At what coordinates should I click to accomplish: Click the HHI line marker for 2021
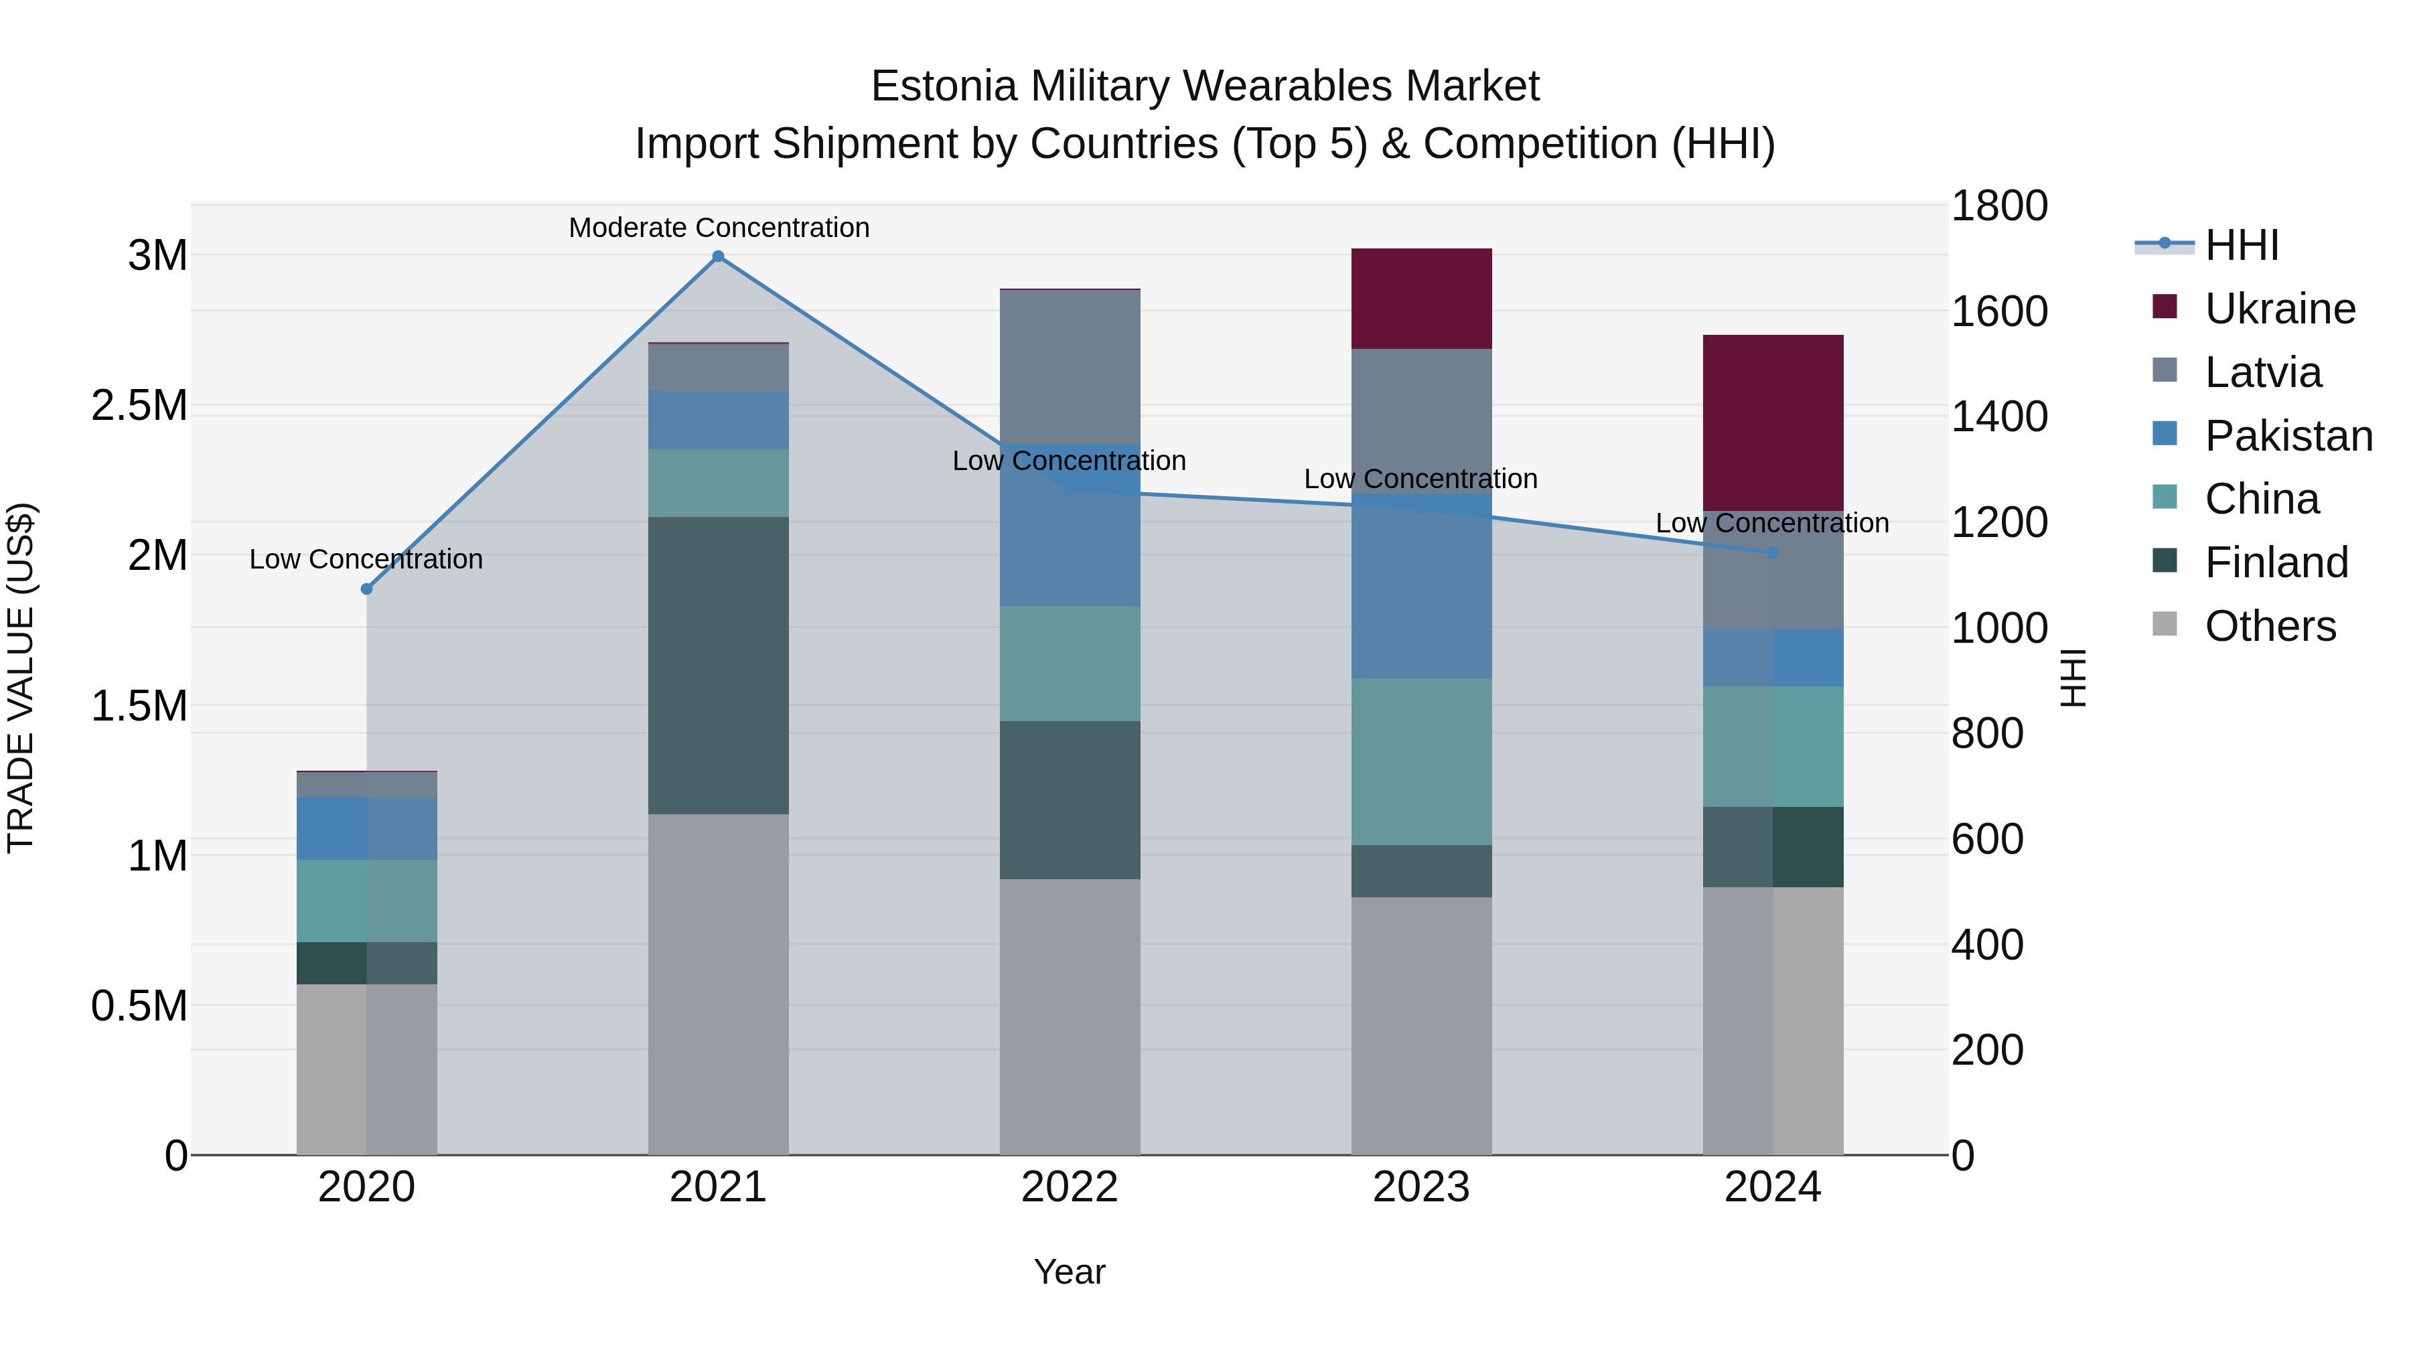(718, 256)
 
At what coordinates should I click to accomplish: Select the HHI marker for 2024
(1773, 553)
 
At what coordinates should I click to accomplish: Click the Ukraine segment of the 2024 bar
(1773, 422)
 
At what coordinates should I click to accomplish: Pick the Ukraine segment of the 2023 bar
(1420, 299)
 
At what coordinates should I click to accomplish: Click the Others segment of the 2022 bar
(1070, 1016)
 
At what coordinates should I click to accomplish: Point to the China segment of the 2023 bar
(1420, 762)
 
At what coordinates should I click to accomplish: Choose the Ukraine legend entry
(2279, 309)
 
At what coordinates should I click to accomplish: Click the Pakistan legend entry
(2288, 436)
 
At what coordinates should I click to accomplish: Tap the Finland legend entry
(2276, 562)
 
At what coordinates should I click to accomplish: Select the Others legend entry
(2270, 626)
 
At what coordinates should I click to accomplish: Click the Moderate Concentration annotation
(719, 228)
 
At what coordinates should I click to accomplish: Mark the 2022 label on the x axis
(1070, 1187)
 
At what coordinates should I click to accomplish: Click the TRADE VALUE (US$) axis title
(21, 678)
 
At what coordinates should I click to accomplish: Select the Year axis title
(1070, 1272)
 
